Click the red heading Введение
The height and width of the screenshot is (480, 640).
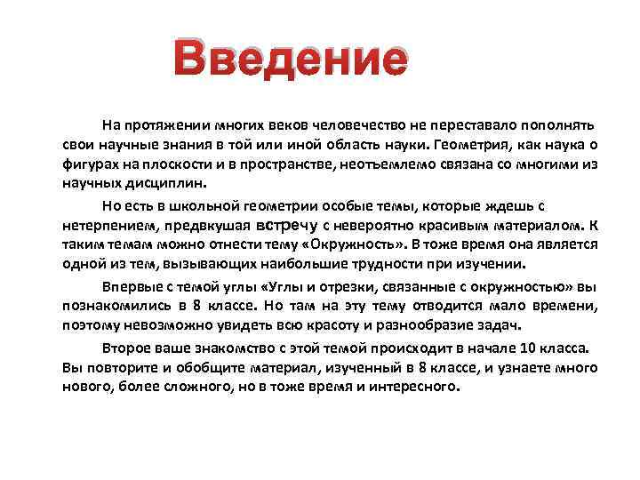coord(291,60)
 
